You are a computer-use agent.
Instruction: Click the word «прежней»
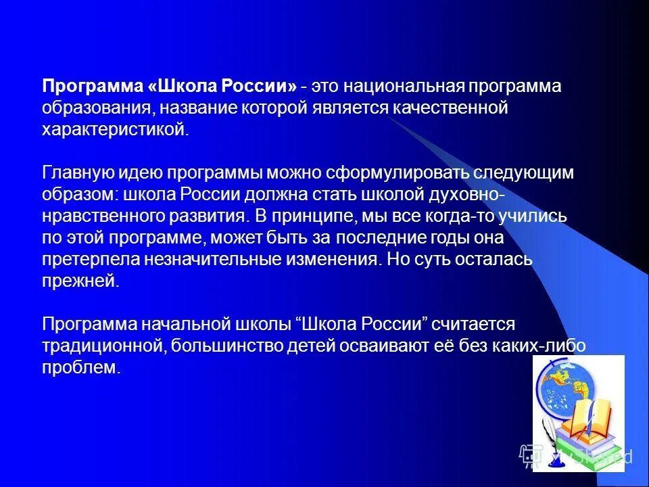pos(80,281)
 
